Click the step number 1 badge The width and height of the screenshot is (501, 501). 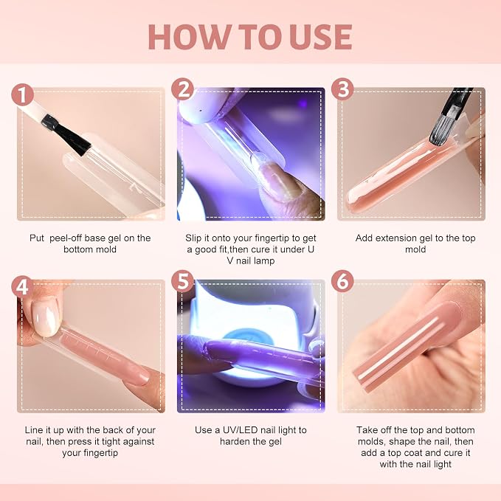23,94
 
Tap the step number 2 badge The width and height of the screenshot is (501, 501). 183,89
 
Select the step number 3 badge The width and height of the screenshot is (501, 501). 342,89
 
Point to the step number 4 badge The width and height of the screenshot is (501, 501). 23,286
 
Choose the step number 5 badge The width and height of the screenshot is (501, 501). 183,281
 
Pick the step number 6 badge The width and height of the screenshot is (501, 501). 342,281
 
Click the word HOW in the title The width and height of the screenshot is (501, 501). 189,37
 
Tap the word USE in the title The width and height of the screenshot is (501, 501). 322,37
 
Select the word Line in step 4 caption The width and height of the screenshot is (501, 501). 32,430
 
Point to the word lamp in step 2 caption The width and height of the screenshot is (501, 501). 264,261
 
